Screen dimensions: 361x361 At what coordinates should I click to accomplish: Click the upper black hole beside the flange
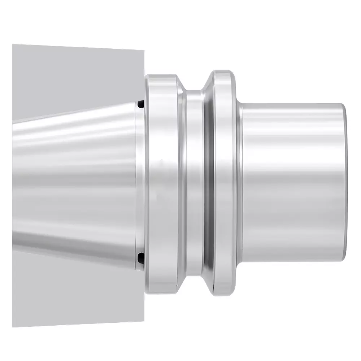coord(141,104)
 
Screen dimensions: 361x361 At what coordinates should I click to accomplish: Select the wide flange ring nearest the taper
coord(162,180)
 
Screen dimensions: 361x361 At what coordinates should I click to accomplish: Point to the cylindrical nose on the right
coord(292,180)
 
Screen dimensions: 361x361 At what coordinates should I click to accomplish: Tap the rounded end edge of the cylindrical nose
coord(344,180)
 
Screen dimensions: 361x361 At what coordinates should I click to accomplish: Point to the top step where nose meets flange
coord(240,104)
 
